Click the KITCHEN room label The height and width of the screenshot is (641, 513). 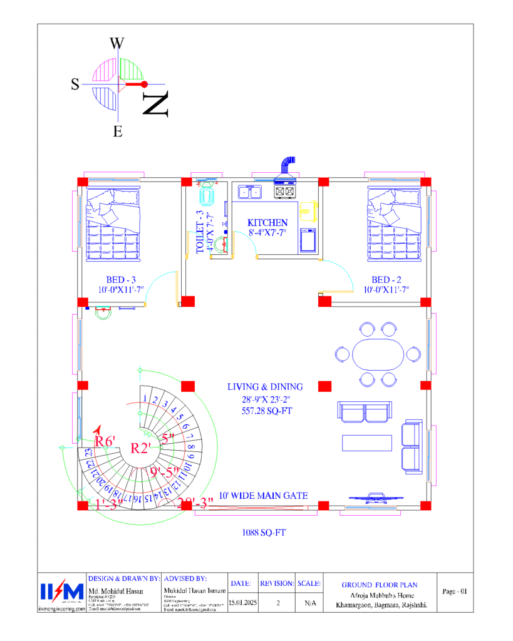click(x=267, y=223)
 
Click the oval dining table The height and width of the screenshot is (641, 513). click(x=377, y=354)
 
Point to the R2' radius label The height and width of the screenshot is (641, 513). click(x=142, y=448)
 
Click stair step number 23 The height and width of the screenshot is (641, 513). click(x=90, y=453)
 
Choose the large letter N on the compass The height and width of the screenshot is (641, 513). click(x=155, y=104)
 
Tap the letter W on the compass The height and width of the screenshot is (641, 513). click(x=117, y=43)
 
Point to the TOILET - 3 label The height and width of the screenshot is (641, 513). click(x=200, y=232)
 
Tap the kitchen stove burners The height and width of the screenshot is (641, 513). click(x=285, y=191)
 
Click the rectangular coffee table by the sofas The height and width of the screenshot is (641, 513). click(x=367, y=442)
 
